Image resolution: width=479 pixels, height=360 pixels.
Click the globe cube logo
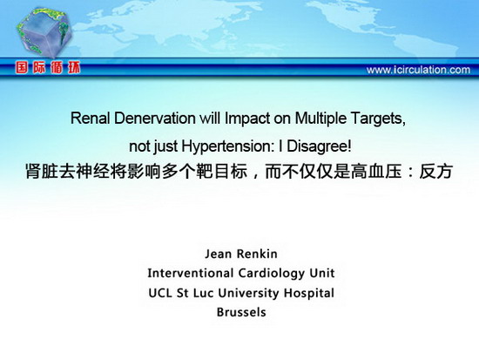pos(44,32)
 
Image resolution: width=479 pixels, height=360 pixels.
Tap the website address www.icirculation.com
pos(418,70)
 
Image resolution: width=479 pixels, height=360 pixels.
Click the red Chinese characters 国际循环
pos(48,68)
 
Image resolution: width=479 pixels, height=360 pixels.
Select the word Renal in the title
pos(90,118)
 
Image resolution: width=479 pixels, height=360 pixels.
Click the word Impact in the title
pos(247,119)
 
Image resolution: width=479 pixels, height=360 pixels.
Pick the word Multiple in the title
pos(320,119)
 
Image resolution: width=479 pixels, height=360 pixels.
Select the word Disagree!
pos(319,146)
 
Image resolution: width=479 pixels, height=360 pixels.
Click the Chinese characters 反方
pos(435,171)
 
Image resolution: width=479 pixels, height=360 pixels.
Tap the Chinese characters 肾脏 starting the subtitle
pos(42,171)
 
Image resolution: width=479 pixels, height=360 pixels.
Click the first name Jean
pos(217,254)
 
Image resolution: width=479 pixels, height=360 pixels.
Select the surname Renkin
pos(257,254)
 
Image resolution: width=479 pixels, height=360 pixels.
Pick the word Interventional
pos(191,273)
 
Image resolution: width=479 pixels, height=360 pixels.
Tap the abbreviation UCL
pos(160,293)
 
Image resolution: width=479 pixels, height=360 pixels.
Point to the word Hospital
pos(309,294)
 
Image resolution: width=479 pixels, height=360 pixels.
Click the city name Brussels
pos(241,312)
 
